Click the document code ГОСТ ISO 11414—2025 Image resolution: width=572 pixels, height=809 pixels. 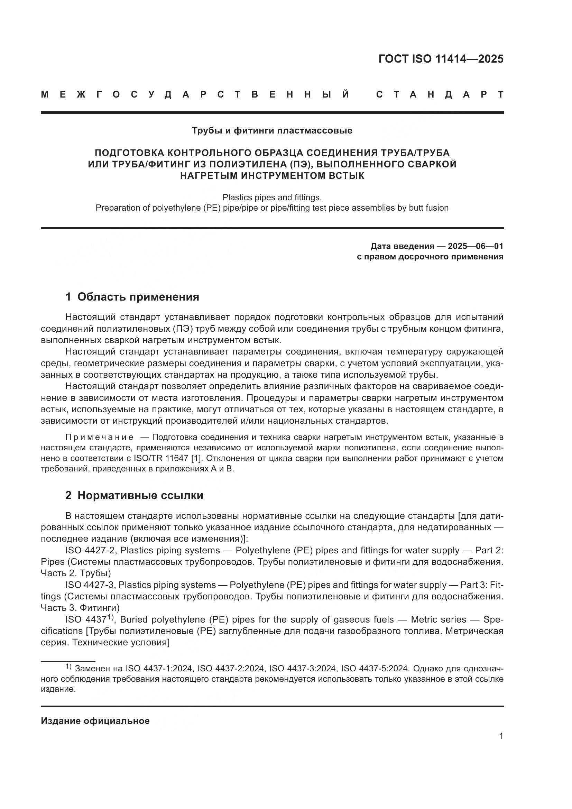(x=441, y=59)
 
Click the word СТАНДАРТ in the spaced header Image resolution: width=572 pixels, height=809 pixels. (x=440, y=95)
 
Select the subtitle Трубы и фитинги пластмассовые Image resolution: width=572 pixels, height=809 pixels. (x=272, y=131)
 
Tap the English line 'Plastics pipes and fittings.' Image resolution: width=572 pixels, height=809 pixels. (x=272, y=197)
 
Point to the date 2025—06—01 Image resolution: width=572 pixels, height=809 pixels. (x=476, y=246)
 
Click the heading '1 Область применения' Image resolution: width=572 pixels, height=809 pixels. (x=132, y=297)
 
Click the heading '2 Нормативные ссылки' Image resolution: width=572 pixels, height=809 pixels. (x=134, y=496)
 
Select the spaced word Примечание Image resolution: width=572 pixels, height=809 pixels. (x=99, y=438)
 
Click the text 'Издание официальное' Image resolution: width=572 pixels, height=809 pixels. (x=95, y=721)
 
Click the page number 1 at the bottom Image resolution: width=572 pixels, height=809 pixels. (x=501, y=736)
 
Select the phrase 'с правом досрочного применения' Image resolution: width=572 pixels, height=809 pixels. (x=430, y=257)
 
